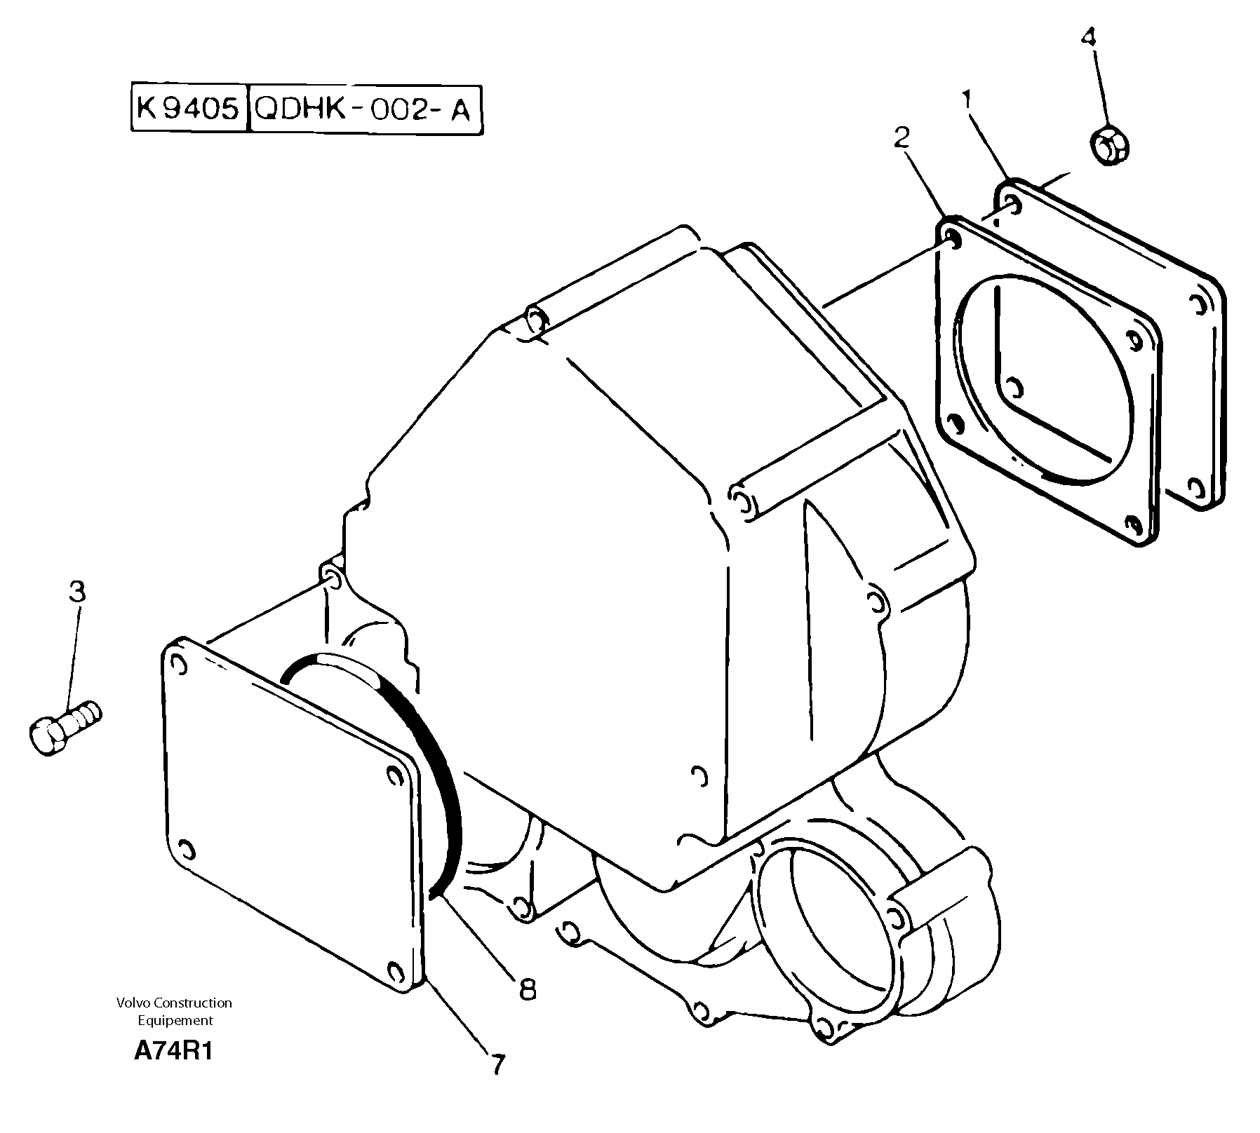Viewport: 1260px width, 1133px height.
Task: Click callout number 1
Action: click(967, 102)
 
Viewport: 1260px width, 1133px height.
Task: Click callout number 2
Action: click(902, 137)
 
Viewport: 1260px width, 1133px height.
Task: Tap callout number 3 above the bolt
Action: click(77, 592)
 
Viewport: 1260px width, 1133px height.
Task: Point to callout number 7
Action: click(497, 1065)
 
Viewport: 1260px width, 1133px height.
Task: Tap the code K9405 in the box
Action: click(189, 109)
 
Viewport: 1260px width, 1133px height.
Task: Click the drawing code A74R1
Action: click(173, 1052)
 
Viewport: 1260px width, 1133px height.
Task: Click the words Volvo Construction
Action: click(175, 1003)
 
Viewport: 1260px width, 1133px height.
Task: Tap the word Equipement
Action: click(175, 1020)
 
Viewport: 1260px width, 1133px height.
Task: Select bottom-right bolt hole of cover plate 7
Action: click(395, 972)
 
